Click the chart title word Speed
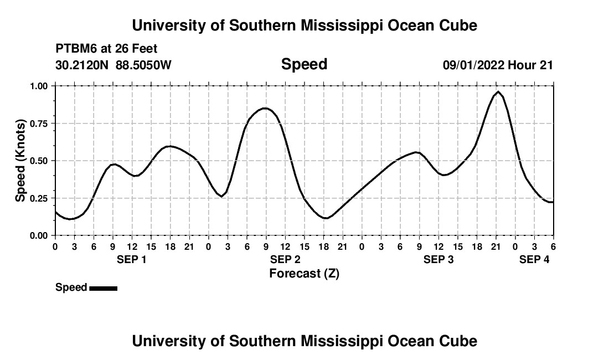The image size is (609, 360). pyautogui.click(x=304, y=64)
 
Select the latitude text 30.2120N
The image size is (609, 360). pyautogui.click(x=82, y=65)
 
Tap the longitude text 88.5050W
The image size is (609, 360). pyautogui.click(x=143, y=65)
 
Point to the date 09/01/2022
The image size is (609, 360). pyautogui.click(x=473, y=65)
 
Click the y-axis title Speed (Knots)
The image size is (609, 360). pyautogui.click(x=21, y=160)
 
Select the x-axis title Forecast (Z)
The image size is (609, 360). pyautogui.click(x=304, y=273)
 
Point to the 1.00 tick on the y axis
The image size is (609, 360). pyautogui.click(x=39, y=86)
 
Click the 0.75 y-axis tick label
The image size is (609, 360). pyautogui.click(x=39, y=124)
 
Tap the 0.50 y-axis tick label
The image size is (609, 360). pyautogui.click(x=39, y=161)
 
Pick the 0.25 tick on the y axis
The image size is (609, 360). pyautogui.click(x=39, y=198)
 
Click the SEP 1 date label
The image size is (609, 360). pyautogui.click(x=131, y=260)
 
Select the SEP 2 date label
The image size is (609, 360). pyautogui.click(x=285, y=260)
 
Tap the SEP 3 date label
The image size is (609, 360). pyautogui.click(x=438, y=260)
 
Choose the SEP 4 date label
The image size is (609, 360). pyautogui.click(x=534, y=260)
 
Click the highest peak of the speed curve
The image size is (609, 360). pyautogui.click(x=498, y=92)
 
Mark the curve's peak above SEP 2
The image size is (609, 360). pyautogui.click(x=266, y=108)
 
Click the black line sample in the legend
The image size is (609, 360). pyautogui.click(x=103, y=288)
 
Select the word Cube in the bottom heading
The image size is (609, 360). pyautogui.click(x=459, y=341)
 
